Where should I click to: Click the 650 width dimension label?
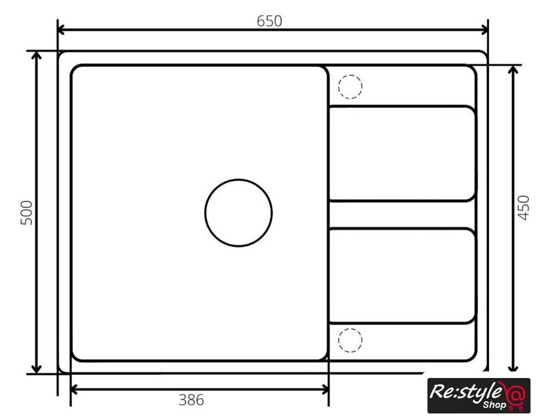(269, 21)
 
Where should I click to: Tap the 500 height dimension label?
(27, 213)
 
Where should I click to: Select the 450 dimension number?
(523, 208)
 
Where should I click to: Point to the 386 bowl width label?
(191, 400)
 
